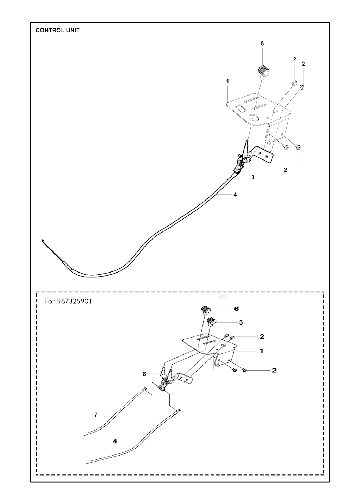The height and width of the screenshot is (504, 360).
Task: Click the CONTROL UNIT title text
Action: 57,30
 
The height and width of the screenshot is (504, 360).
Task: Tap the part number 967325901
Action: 74,301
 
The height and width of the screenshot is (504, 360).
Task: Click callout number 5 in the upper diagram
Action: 262,44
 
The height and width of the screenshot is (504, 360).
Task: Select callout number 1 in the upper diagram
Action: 227,81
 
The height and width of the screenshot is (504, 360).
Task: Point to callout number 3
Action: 253,177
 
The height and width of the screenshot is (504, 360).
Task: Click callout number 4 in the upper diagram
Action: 235,195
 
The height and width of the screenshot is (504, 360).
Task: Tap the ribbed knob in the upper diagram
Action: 263,72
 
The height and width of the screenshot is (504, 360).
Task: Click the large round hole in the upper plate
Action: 254,118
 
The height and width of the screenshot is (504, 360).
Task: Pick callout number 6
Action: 236,309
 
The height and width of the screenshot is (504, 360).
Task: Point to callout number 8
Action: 144,374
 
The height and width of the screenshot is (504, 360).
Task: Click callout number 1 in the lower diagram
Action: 262,351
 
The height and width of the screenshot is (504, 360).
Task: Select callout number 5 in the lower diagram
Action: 241,322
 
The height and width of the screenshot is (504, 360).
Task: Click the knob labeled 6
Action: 206,310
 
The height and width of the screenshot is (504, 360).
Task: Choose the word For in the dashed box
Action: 50,301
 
